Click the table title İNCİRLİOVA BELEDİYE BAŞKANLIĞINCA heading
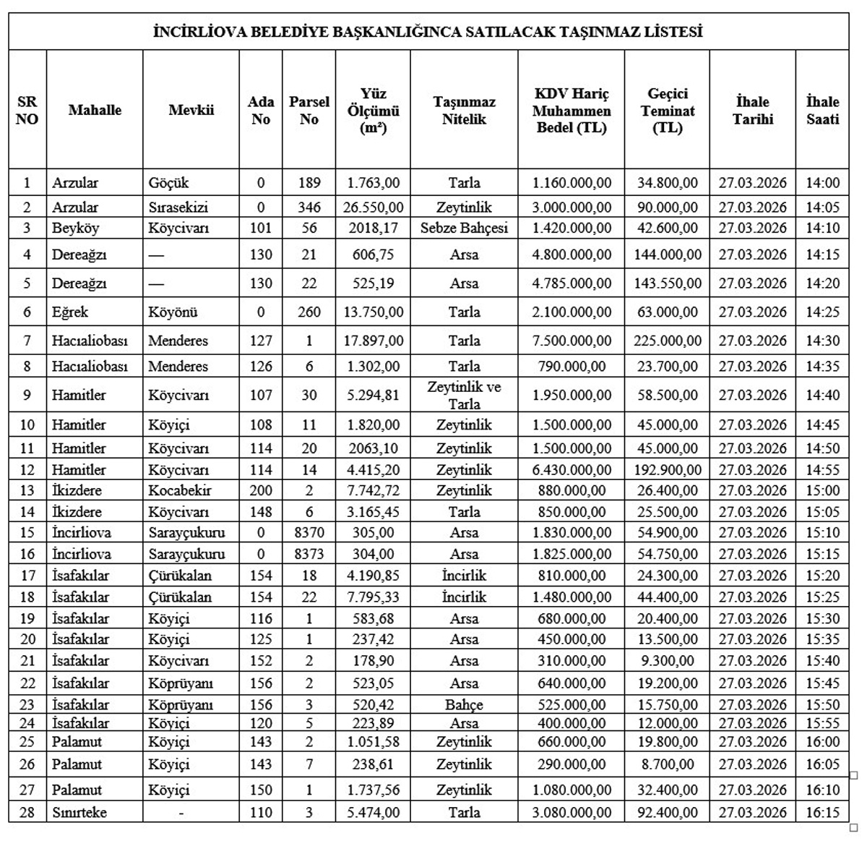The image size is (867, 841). click(428, 33)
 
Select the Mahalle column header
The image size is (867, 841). click(95, 111)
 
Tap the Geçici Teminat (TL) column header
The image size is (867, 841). click(667, 111)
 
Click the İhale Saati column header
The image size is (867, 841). click(822, 111)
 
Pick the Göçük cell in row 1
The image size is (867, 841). click(168, 183)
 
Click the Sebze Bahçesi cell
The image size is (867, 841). click(464, 229)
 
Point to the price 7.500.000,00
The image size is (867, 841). click(571, 341)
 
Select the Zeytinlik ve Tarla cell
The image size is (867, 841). click(464, 395)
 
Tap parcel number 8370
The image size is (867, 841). click(309, 533)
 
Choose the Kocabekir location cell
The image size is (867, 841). click(180, 490)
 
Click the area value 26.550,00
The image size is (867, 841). click(373, 208)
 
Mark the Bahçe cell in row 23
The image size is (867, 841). click(464, 704)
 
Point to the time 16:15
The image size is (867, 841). click(822, 812)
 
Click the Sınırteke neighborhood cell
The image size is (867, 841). click(79, 812)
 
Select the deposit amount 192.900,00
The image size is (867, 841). click(667, 470)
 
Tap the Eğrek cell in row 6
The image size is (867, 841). click(70, 312)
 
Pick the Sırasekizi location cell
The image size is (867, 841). click(178, 208)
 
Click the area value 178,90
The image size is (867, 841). click(373, 661)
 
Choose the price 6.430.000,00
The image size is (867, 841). click(571, 470)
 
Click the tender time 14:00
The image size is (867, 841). click(822, 183)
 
